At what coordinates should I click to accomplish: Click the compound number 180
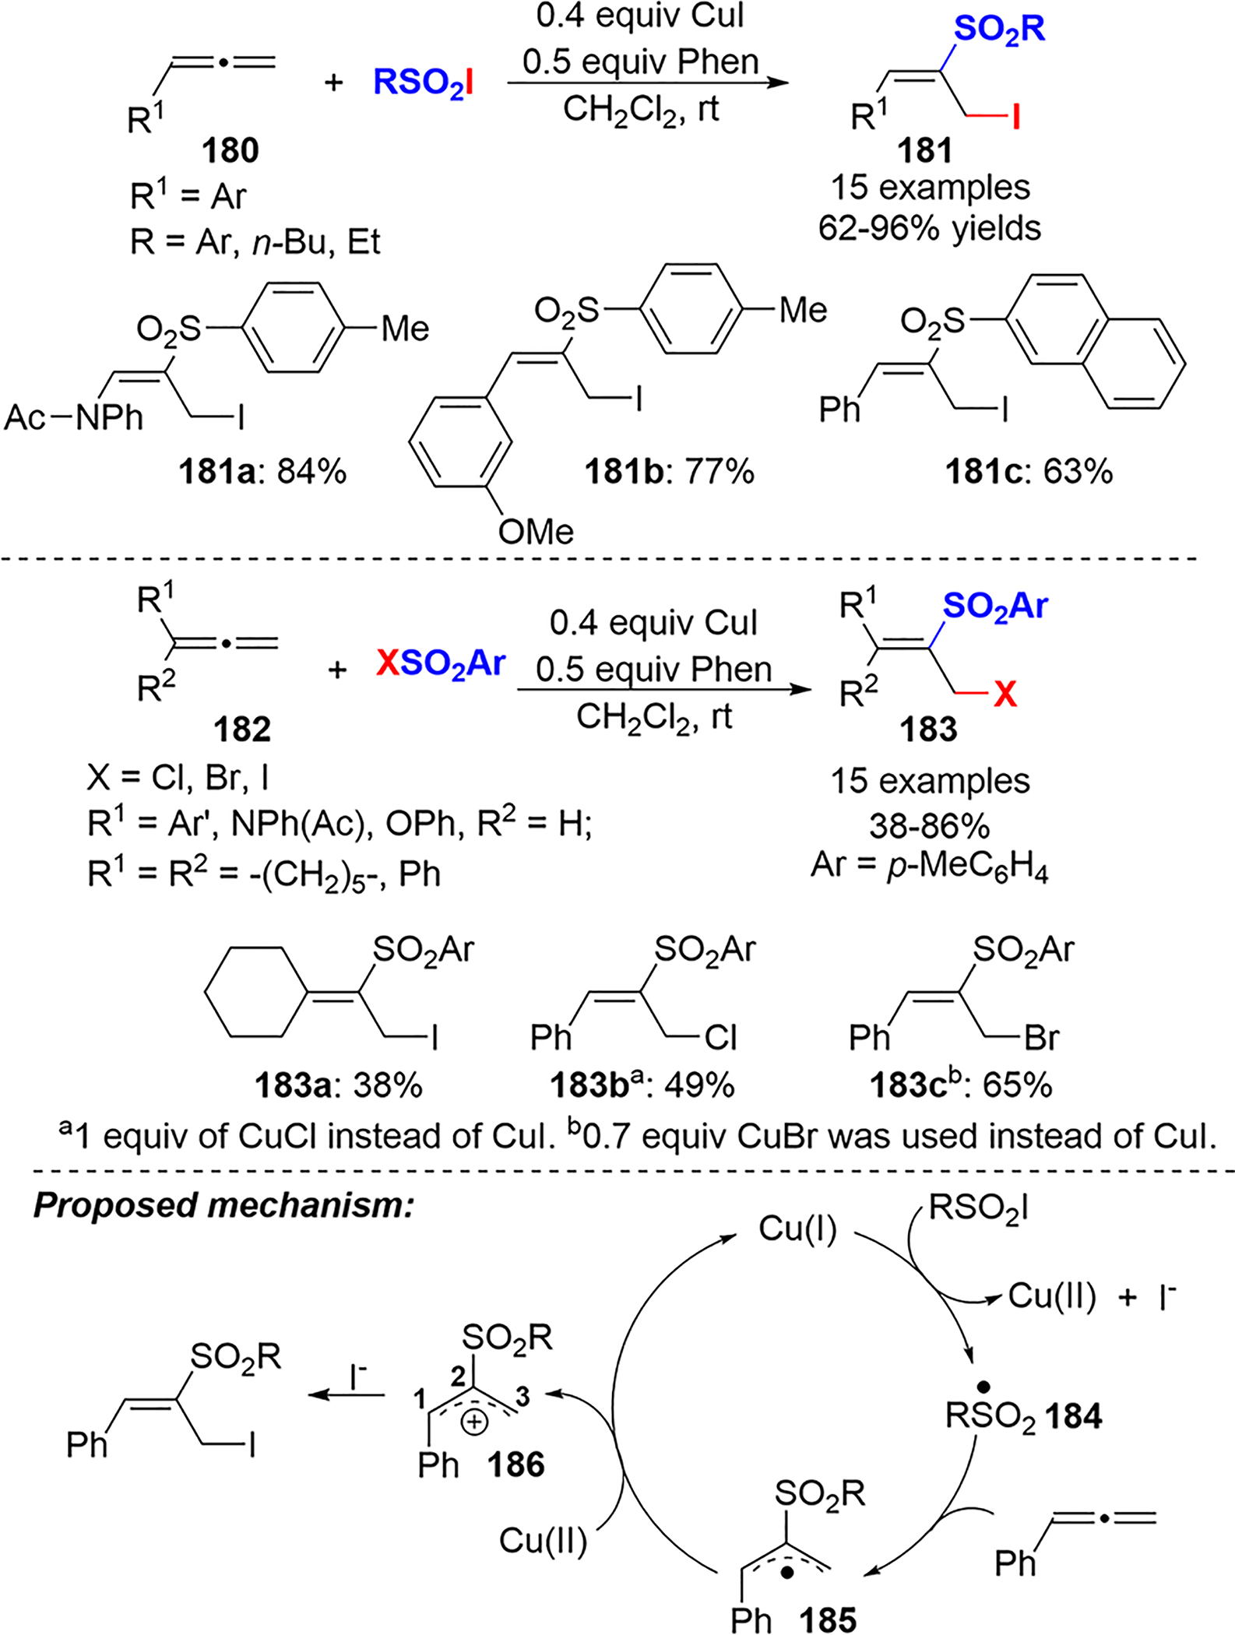[230, 150]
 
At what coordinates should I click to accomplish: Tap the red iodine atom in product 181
[1015, 118]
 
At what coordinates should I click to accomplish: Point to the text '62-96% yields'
[930, 228]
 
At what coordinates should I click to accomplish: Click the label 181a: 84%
[262, 471]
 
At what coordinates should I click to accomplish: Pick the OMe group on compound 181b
[536, 532]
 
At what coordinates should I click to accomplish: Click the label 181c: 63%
[1029, 471]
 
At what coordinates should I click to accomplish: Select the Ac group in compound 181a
[25, 418]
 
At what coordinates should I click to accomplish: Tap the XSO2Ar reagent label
[441, 664]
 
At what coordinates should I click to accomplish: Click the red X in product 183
[1005, 694]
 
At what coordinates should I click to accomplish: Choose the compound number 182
[242, 730]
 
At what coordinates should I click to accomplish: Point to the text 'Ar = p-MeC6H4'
[929, 867]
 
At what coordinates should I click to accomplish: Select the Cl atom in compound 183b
[720, 1037]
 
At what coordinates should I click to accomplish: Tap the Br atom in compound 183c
[1041, 1037]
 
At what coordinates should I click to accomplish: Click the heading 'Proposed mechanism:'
[223, 1204]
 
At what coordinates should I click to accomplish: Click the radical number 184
[1074, 1416]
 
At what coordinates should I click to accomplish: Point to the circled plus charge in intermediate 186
[474, 1422]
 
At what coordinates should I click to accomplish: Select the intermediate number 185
[827, 1619]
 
